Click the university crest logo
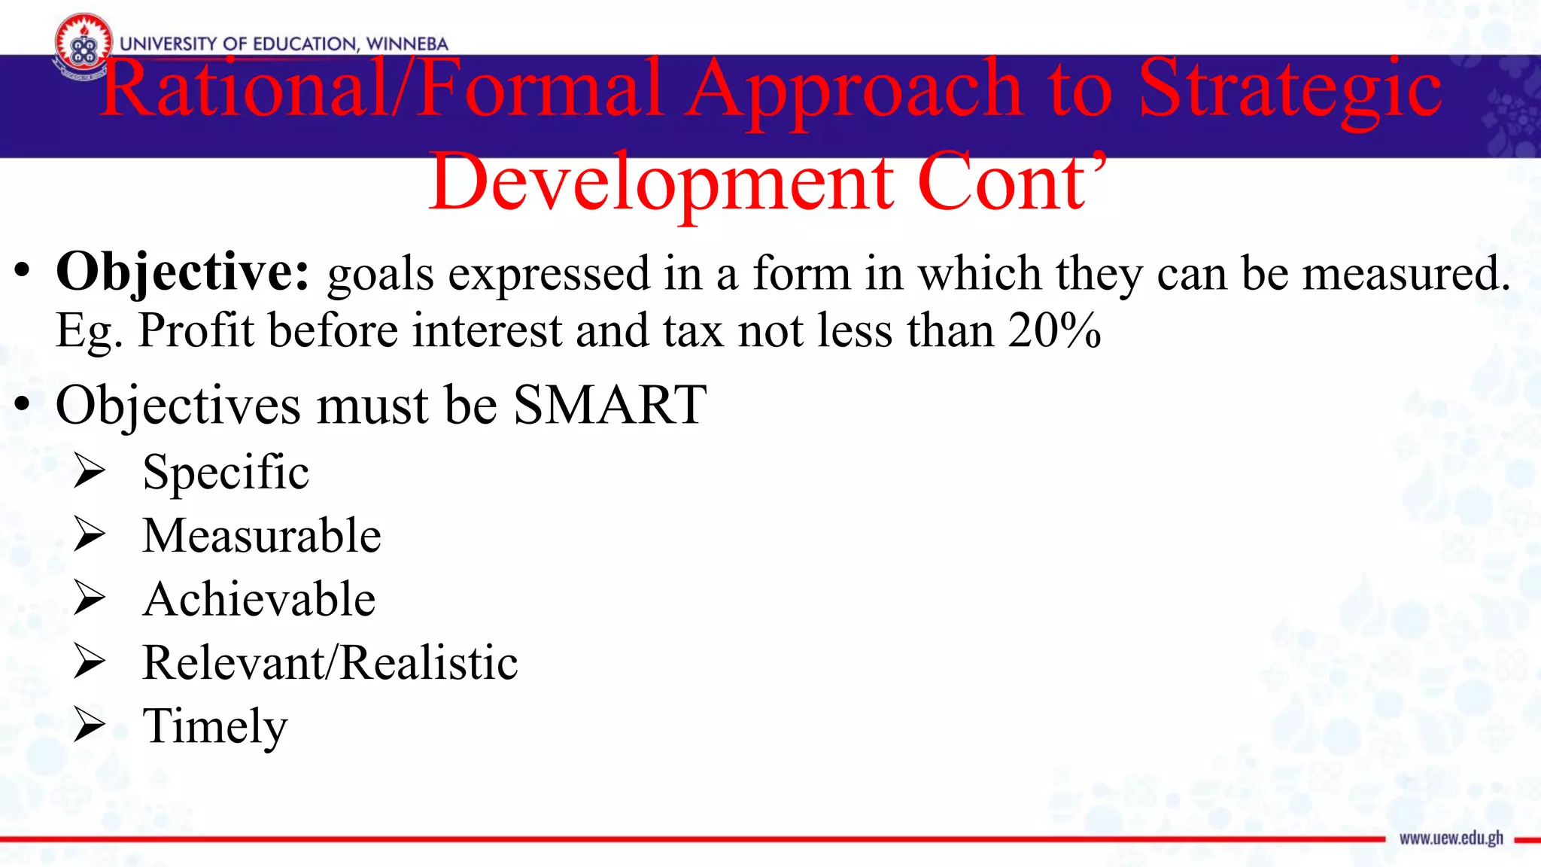(x=83, y=47)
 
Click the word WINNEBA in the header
(x=406, y=44)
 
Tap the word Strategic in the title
(x=1289, y=90)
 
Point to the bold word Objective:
(x=183, y=272)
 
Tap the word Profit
(x=196, y=331)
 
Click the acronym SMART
(x=609, y=405)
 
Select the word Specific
(x=226, y=473)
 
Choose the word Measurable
(x=262, y=536)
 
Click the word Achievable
(x=259, y=600)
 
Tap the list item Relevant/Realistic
(x=330, y=663)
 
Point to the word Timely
(x=215, y=727)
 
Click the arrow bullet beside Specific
(x=90, y=472)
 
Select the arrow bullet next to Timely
(x=90, y=726)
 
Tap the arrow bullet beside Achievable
(x=90, y=599)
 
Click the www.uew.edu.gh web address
(x=1451, y=838)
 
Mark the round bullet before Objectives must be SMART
(x=23, y=405)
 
